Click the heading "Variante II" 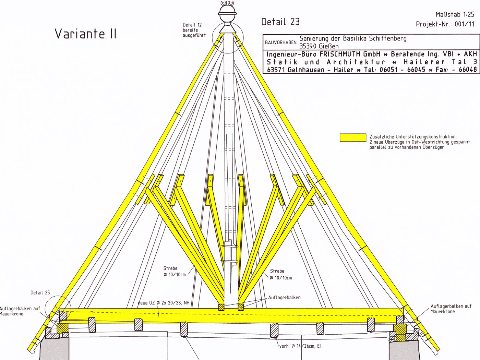point(85,34)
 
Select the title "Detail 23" point(280,22)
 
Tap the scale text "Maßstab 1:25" point(455,14)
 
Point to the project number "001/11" point(465,24)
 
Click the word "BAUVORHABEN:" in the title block point(281,43)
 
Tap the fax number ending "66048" point(468,70)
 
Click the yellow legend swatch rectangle point(353,138)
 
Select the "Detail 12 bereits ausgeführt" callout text point(194,30)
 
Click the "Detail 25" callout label point(40,292)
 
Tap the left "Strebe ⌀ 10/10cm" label point(175,272)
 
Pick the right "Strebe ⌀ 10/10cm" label point(281,274)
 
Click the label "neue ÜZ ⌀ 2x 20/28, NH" point(164,303)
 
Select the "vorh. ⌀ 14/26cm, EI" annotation point(300,346)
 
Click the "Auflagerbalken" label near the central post point(284,298)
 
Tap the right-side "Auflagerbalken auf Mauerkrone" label point(451,309)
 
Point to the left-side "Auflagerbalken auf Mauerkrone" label point(20,311)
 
